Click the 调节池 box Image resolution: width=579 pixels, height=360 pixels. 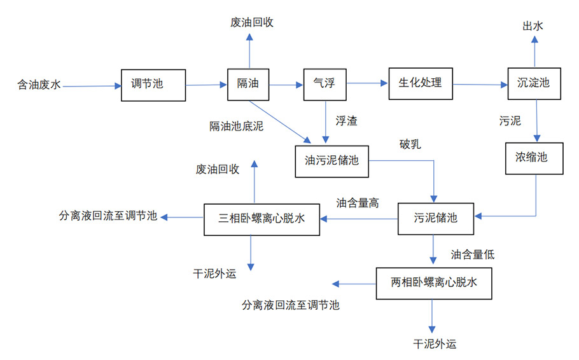pos(153,85)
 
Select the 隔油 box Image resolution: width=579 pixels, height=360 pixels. pos(248,84)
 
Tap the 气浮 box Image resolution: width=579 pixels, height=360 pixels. pos(324,83)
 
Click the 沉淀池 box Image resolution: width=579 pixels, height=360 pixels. pos(534,83)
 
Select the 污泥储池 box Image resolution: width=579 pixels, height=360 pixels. pos(436,219)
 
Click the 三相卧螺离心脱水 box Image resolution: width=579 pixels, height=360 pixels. pos(262,219)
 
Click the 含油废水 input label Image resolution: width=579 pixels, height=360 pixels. pos(39,85)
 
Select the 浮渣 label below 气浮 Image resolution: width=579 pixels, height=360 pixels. pos(347,121)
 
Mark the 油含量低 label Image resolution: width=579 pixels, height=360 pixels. pos(473,255)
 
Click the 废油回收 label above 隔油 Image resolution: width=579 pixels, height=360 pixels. pos(252,23)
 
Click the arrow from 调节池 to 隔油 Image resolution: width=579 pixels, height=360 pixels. pos(207,85)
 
